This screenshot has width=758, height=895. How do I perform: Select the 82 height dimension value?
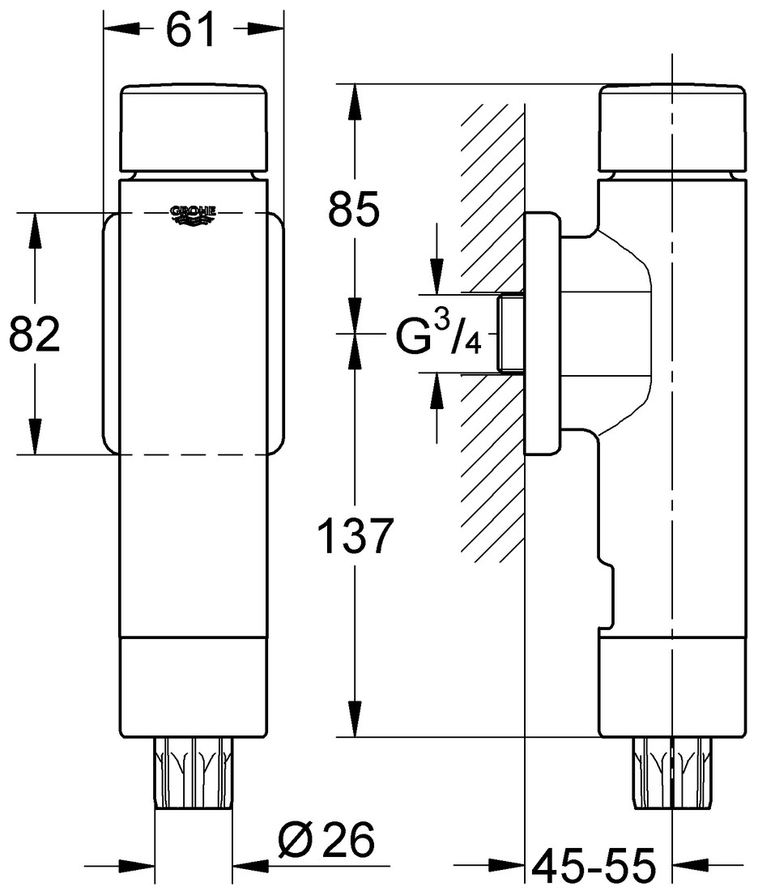[x=35, y=335]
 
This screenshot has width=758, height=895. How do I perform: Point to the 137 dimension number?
[x=355, y=536]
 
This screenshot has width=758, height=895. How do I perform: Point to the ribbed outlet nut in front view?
[x=193, y=774]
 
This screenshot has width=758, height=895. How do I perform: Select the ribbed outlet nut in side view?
[x=672, y=774]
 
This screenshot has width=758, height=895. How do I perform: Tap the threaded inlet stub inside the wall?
[x=510, y=333]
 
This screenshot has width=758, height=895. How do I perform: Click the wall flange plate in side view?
[x=541, y=333]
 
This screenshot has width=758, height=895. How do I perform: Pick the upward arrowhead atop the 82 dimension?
[x=35, y=231]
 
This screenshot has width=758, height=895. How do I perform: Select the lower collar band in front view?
[x=193, y=688]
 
